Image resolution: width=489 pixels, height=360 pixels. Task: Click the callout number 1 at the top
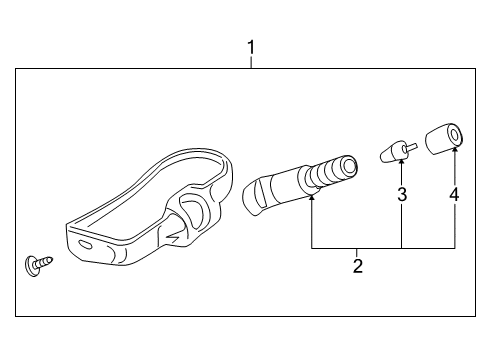click(x=251, y=46)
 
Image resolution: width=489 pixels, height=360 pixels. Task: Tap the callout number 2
click(x=357, y=266)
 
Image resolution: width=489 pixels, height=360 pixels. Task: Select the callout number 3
click(x=402, y=195)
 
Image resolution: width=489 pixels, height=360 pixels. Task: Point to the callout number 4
click(x=454, y=195)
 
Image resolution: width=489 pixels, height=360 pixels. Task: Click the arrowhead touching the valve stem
click(x=312, y=198)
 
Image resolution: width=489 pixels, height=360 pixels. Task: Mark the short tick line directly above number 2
click(x=357, y=252)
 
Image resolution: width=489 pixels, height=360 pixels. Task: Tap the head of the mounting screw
click(x=29, y=265)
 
